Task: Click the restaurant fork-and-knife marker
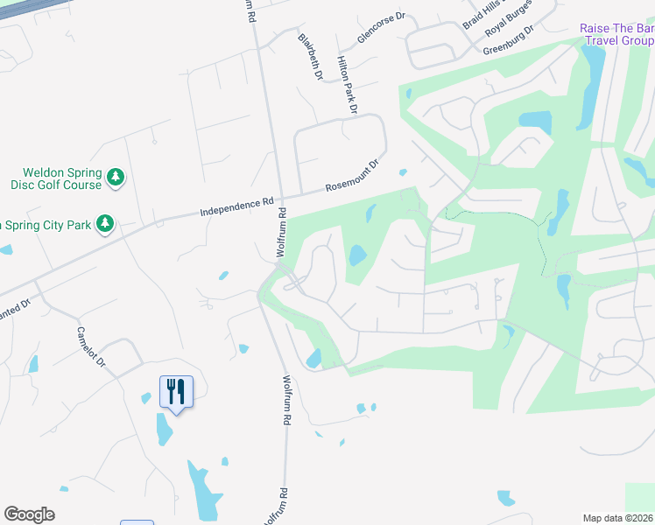click(176, 392)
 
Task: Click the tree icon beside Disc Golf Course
click(116, 178)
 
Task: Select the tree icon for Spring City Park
click(105, 224)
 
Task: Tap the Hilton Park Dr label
click(348, 86)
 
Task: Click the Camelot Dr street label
click(91, 347)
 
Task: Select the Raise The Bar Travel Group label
click(616, 34)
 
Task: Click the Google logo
click(29, 514)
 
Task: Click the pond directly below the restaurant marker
click(165, 429)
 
